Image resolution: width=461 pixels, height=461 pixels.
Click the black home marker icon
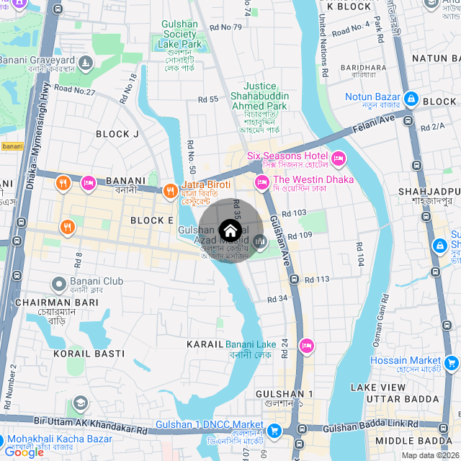(230, 230)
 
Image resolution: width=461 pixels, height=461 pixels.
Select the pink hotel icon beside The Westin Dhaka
(261, 181)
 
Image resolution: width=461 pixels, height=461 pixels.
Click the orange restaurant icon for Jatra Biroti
(170, 191)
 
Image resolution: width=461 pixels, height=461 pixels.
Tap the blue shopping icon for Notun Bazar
(411, 98)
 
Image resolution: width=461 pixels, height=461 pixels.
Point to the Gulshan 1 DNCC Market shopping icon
(274, 431)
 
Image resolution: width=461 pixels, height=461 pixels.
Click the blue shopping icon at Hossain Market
(452, 362)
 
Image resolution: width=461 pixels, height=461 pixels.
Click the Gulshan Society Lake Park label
(179, 34)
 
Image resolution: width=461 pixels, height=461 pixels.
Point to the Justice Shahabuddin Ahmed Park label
(259, 96)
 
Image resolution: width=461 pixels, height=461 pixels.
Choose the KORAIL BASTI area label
(89, 354)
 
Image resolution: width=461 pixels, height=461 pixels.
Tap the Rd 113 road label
(317, 279)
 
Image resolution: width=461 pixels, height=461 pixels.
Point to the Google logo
(24, 452)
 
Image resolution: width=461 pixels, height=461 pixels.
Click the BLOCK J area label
(117, 134)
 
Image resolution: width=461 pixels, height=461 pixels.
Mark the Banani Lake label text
(251, 344)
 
